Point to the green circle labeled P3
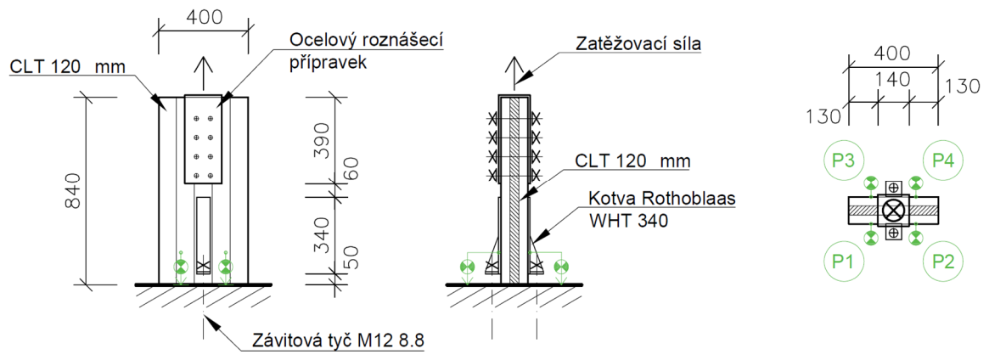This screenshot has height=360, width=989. pyautogui.click(x=843, y=159)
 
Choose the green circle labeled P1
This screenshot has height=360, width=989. pyautogui.click(x=843, y=262)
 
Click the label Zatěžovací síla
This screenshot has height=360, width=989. pyautogui.click(x=638, y=43)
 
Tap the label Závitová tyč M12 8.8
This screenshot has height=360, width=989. pyautogui.click(x=338, y=342)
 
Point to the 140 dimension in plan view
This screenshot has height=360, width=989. pyautogui.click(x=893, y=79)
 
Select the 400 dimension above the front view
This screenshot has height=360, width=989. pyautogui.click(x=204, y=17)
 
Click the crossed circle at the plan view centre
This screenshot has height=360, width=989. pyautogui.click(x=894, y=210)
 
